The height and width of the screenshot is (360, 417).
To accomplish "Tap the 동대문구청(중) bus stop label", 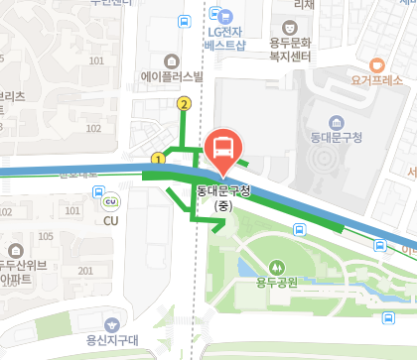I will tap(223, 189).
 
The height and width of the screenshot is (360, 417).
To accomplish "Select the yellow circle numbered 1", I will tap(158, 159).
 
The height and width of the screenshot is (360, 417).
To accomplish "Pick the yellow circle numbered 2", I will tap(183, 103).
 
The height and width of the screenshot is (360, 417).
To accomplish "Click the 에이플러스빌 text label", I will tap(171, 75).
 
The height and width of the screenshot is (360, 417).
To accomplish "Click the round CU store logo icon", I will tap(109, 203).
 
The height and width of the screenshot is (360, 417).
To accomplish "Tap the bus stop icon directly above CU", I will tap(98, 192).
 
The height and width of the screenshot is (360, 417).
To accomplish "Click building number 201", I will tap(86, 271).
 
